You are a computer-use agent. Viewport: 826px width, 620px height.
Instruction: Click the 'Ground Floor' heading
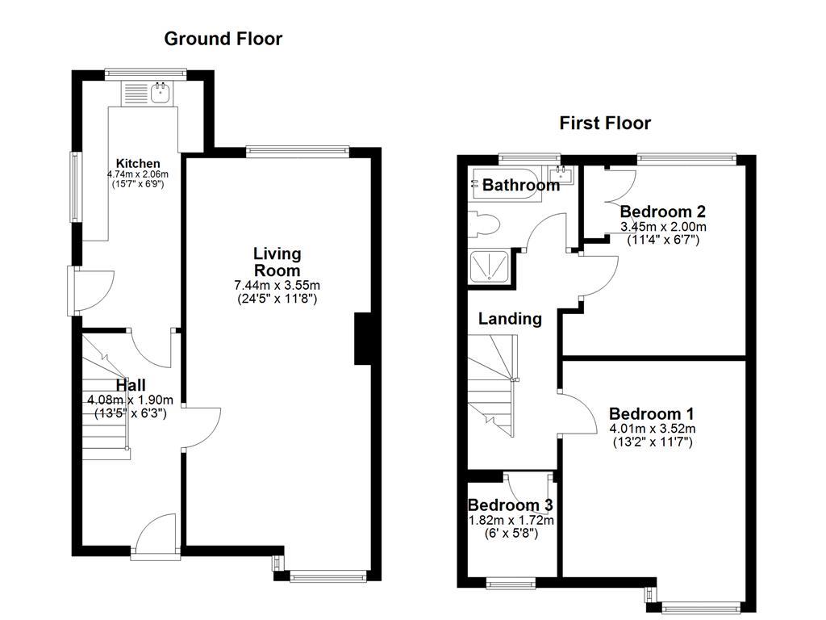(223, 39)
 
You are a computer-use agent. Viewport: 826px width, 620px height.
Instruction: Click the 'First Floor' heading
(605, 124)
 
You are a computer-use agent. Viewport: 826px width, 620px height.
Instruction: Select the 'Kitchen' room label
(132, 163)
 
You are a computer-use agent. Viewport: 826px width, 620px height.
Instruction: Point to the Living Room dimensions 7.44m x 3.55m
(277, 286)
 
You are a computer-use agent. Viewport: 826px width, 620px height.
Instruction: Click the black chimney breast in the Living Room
(362, 339)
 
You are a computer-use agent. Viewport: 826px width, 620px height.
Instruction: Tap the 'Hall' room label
(130, 386)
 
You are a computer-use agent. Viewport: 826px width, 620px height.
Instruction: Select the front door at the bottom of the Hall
(156, 535)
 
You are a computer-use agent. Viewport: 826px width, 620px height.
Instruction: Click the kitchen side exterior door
(86, 289)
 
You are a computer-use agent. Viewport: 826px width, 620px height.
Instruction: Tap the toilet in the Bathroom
(482, 224)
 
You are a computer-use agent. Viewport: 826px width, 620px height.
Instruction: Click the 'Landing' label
(510, 319)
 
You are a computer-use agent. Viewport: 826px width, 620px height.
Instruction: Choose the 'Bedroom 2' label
(663, 212)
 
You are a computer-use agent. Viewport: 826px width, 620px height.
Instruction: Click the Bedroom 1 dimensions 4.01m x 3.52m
(652, 429)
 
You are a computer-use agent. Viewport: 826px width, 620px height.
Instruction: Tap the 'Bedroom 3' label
(510, 505)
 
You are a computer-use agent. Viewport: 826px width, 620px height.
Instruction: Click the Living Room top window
(298, 150)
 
